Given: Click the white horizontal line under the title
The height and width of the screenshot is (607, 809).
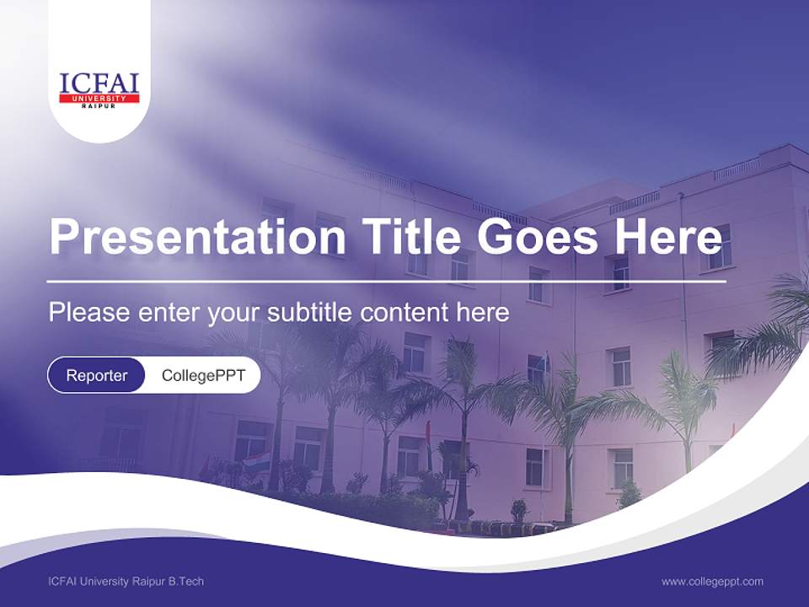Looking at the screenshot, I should point(387,281).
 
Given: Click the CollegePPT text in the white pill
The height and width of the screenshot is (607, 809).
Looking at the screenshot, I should point(203,375).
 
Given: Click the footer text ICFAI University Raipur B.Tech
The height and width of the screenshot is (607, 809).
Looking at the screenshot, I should point(126,582).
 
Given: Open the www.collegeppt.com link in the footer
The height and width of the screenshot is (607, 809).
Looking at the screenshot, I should point(712,582).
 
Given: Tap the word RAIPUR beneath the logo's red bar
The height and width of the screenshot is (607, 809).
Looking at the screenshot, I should point(99,106).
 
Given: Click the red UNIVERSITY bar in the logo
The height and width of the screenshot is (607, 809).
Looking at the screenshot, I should point(99,99).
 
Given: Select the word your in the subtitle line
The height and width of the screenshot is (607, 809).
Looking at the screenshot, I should point(235,313).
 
